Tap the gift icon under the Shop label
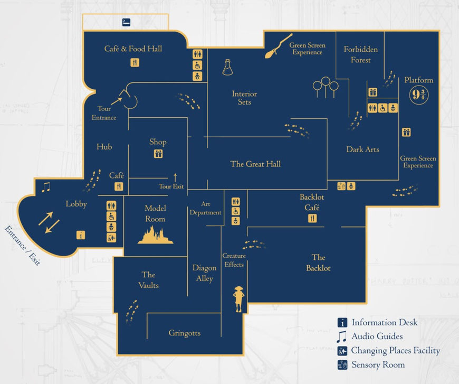click(x=158, y=154)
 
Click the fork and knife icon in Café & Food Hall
click(x=135, y=63)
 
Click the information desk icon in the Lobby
click(x=81, y=235)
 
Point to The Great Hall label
click(x=255, y=164)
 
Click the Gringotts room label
click(x=185, y=333)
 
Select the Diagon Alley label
click(x=204, y=273)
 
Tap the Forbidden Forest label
click(x=361, y=54)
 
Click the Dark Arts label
click(x=362, y=149)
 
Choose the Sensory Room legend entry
click(x=378, y=365)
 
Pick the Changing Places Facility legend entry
click(x=395, y=351)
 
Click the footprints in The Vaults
click(x=130, y=311)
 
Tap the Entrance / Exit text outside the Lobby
click(x=22, y=246)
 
